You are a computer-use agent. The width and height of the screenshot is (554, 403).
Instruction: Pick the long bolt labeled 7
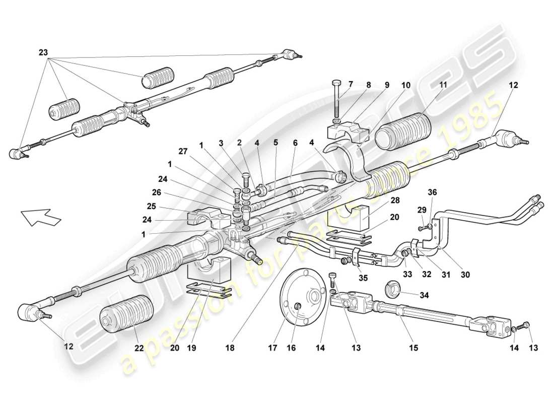pos(337,101)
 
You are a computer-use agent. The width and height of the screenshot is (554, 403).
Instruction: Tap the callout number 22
pos(138,348)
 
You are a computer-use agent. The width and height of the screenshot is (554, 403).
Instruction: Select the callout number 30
pos(464,275)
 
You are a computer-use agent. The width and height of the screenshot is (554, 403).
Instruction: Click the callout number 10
pos(406,86)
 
